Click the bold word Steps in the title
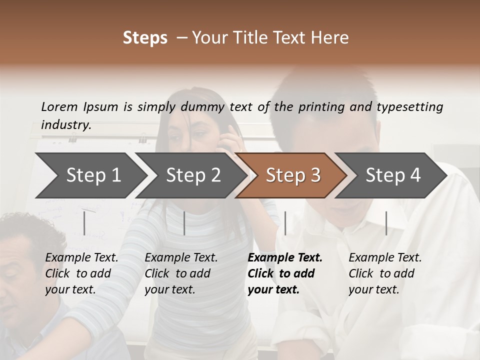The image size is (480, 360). pyautogui.click(x=145, y=38)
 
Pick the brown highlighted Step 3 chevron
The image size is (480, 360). pyautogui.click(x=293, y=175)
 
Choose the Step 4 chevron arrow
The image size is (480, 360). pyautogui.click(x=393, y=175)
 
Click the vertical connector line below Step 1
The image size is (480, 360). pyautogui.click(x=84, y=223)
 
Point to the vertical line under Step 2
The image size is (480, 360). pyautogui.click(x=184, y=223)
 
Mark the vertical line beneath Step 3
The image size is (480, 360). pyautogui.click(x=285, y=223)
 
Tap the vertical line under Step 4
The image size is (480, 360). pyautogui.click(x=386, y=223)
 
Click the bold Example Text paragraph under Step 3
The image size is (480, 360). pyautogui.click(x=285, y=273)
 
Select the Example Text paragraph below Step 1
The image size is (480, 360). pyautogui.click(x=81, y=273)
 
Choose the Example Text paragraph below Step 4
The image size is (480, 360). pyautogui.click(x=385, y=273)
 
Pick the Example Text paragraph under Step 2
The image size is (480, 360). pyautogui.click(x=181, y=273)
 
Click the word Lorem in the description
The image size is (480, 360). pyautogui.click(x=59, y=107)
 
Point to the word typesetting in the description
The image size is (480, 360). pyautogui.click(x=409, y=107)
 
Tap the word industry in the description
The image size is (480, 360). pyautogui.click(x=66, y=125)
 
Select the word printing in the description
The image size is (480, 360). pyautogui.click(x=321, y=107)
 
